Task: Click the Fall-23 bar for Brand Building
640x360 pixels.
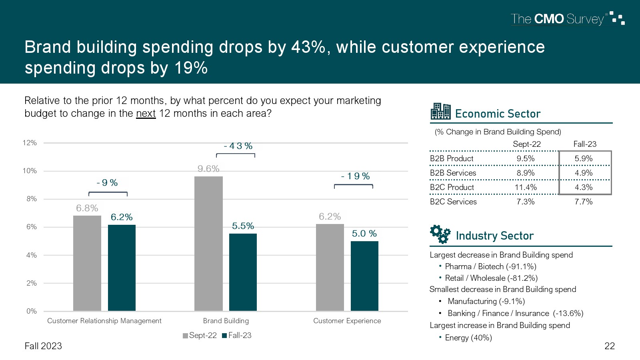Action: (243, 272)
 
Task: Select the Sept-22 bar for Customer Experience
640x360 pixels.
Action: (330, 267)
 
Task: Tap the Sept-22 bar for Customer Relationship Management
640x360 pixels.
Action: (87, 263)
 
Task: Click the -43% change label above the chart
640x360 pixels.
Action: (238, 146)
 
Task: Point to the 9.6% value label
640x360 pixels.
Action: (208, 169)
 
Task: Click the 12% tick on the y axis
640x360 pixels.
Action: (30, 143)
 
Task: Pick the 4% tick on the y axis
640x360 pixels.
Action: (31, 255)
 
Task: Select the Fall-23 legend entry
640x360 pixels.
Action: (237, 336)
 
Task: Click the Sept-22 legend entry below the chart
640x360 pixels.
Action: (200, 336)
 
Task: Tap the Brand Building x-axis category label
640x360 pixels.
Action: (226, 321)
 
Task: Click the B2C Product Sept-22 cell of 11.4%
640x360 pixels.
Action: (526, 187)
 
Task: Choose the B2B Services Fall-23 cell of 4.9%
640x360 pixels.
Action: (584, 173)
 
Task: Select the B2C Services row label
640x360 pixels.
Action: (453, 202)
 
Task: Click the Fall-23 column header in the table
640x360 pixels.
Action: (584, 144)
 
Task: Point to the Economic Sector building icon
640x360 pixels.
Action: (440, 112)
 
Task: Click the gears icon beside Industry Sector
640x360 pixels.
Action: (440, 234)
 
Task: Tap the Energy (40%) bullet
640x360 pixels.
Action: (468, 338)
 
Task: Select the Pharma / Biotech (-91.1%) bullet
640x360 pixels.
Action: (490, 266)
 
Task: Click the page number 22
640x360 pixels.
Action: (609, 346)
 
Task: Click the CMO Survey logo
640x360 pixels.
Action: (567, 19)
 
